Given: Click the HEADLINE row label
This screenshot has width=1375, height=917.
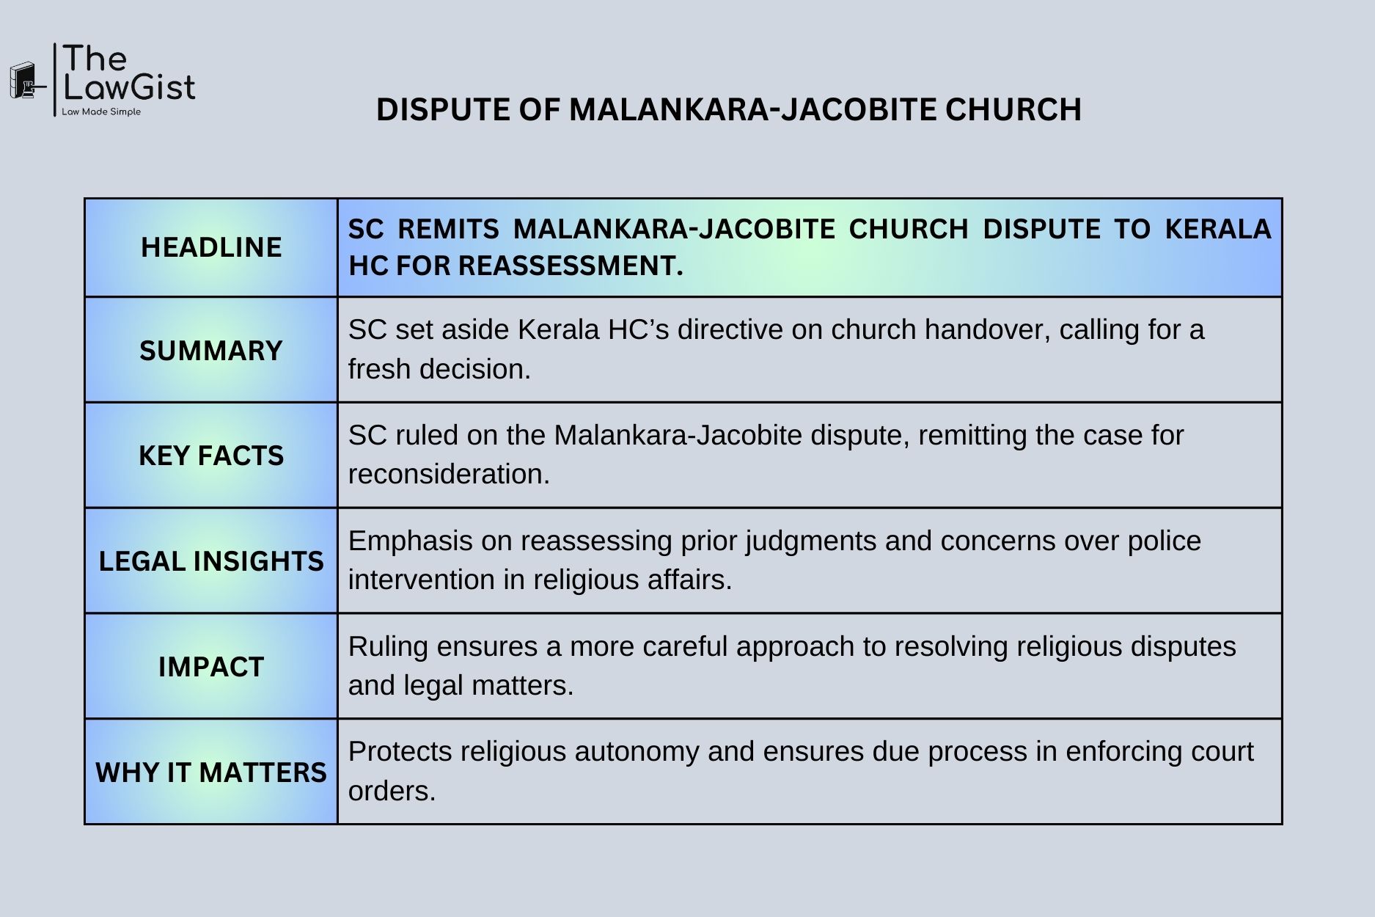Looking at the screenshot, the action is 211,247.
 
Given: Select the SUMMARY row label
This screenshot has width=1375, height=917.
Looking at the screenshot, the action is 211,351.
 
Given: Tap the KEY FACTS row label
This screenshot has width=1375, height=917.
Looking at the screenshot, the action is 211,456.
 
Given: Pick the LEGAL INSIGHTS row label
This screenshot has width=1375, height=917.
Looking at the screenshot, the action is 211,561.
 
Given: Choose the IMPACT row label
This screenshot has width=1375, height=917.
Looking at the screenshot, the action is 211,667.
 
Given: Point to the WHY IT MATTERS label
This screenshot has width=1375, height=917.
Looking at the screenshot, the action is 211,772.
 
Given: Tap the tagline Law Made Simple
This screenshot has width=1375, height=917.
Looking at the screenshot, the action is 101,112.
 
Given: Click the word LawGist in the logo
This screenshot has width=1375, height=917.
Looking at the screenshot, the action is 129,87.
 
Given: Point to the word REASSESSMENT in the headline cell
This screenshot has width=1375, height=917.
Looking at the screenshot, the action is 571,266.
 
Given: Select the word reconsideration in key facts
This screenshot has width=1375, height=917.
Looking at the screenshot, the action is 449,475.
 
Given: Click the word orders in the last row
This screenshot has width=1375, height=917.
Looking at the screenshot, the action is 392,792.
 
